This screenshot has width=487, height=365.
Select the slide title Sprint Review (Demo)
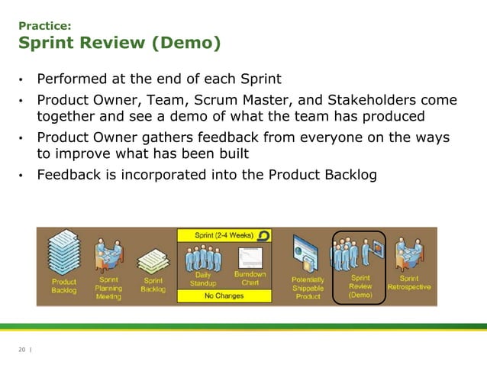click(120, 44)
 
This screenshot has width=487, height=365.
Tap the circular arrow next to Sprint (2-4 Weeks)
click(264, 234)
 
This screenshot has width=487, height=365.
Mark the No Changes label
click(224, 296)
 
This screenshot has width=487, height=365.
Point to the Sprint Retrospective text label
click(409, 283)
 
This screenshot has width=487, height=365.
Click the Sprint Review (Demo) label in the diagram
click(360, 286)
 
